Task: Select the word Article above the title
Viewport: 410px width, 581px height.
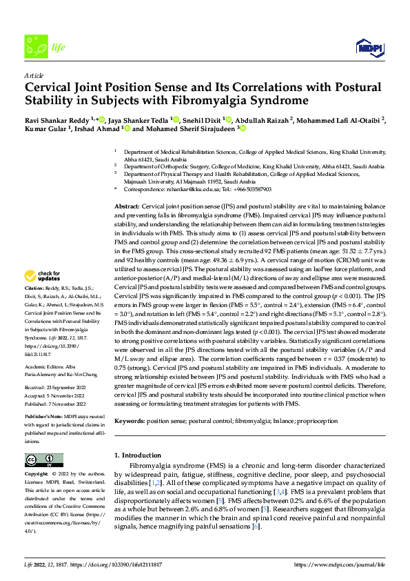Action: tap(34, 75)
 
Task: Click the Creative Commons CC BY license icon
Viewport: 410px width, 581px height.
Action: tap(43, 460)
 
